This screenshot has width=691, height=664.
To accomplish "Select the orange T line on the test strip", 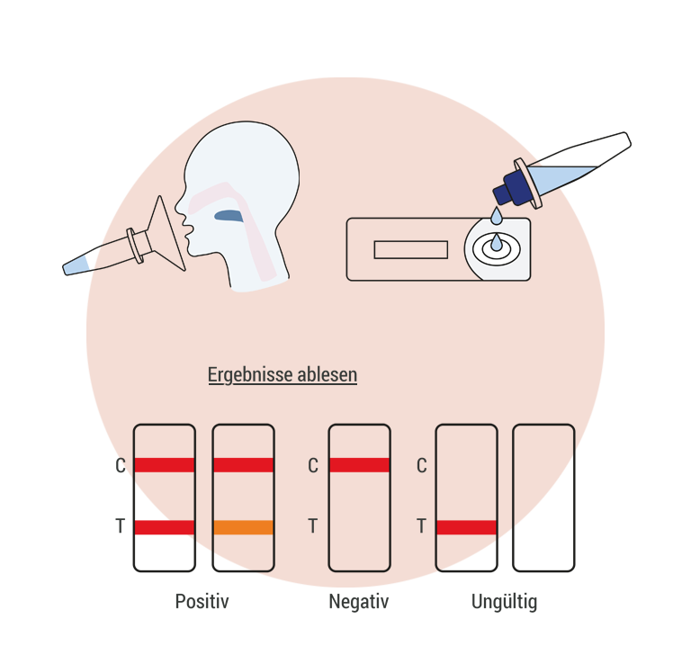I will (x=243, y=528).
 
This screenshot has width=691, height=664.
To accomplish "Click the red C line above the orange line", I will (x=243, y=465).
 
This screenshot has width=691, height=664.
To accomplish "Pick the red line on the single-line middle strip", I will (x=359, y=465).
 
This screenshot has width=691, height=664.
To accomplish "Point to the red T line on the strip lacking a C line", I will (x=466, y=527).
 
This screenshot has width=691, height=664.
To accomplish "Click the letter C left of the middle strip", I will (x=313, y=466).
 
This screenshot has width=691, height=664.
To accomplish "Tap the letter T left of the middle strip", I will (x=313, y=527).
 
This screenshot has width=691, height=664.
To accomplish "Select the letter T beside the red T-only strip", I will (x=421, y=527).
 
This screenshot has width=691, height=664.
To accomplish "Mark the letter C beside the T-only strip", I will (x=421, y=466).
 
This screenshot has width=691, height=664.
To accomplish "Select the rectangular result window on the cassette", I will (x=410, y=249).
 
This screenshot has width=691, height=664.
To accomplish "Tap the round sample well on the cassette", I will (x=495, y=247).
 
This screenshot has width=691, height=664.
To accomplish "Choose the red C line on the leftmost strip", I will (x=164, y=465).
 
